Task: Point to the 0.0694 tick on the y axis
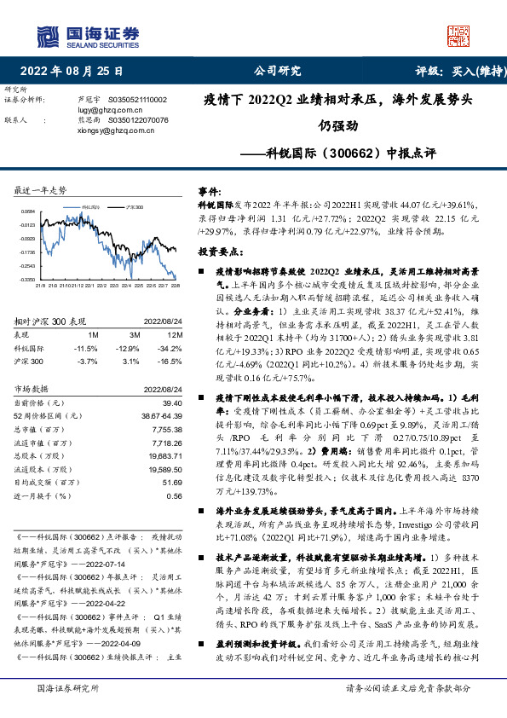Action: pyautogui.click(x=28, y=211)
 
